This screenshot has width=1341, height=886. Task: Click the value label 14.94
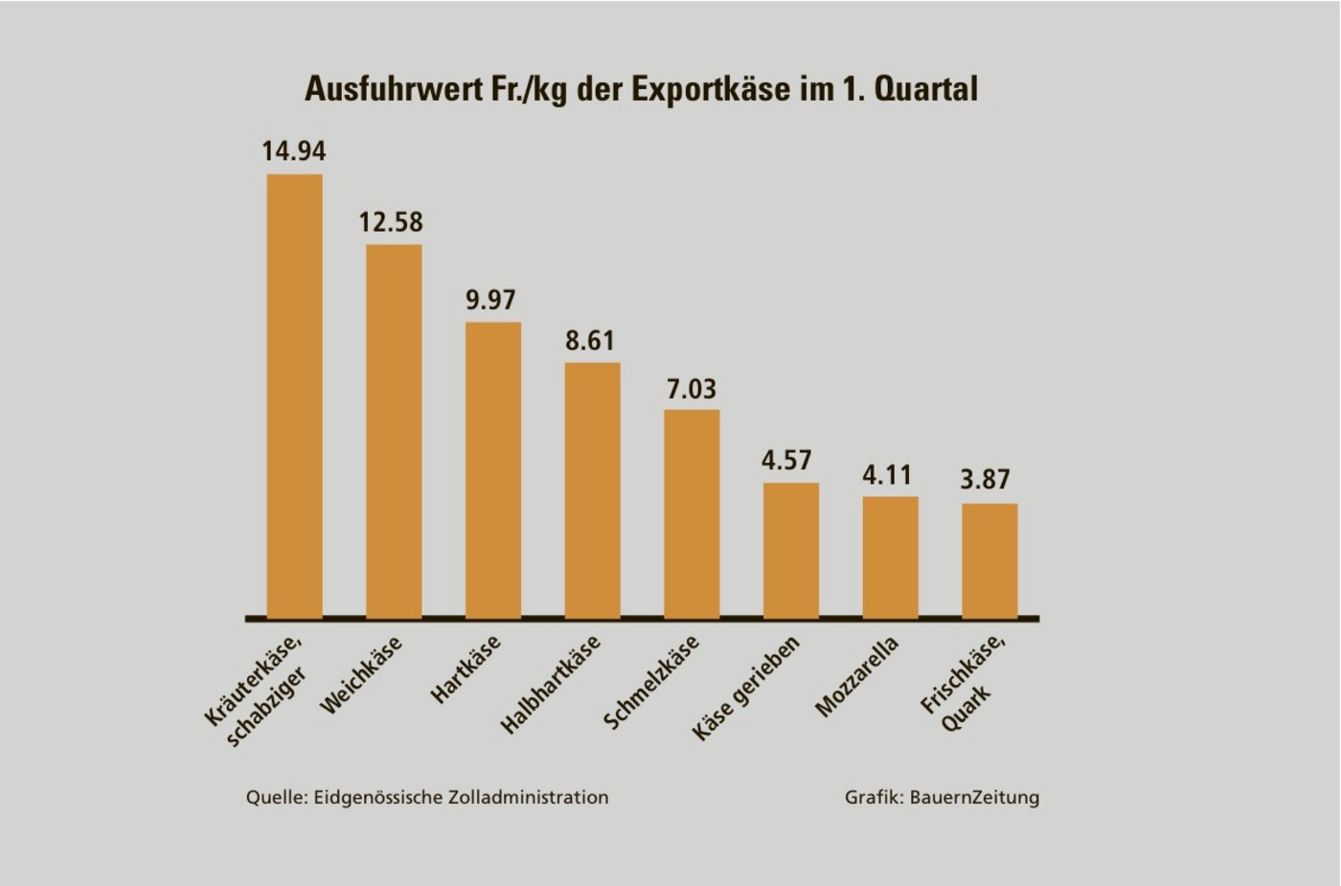tap(294, 151)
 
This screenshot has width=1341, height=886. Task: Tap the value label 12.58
tap(391, 222)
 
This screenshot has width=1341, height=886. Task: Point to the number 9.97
tap(490, 300)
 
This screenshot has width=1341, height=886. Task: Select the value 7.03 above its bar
tap(692, 389)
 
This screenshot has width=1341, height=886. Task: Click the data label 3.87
tap(986, 479)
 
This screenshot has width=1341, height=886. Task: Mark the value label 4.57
tap(786, 461)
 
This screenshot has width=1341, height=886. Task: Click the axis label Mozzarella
tap(857, 676)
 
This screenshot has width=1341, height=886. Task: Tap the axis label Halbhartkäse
tap(551, 684)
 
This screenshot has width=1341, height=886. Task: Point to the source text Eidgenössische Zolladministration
tap(461, 797)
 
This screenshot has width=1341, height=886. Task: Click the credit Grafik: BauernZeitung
tap(942, 797)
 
